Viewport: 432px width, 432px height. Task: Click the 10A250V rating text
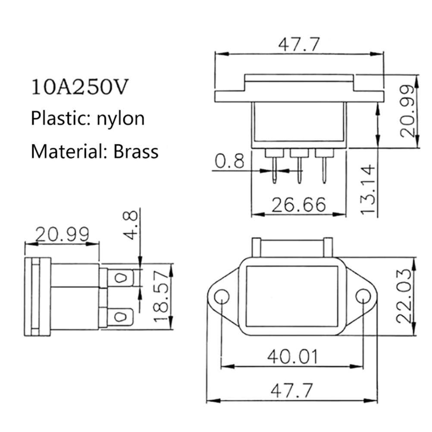click(80, 87)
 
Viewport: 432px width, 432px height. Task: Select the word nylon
click(120, 119)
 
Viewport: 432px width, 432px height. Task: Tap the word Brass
click(136, 151)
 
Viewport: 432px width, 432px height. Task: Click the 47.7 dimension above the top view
click(299, 44)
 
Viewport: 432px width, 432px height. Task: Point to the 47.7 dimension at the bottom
click(292, 391)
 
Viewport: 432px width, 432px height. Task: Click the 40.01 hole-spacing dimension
click(293, 356)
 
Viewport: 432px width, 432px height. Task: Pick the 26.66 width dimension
click(299, 205)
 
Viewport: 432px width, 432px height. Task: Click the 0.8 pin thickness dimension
click(229, 161)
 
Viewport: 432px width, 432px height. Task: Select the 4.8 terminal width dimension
click(130, 225)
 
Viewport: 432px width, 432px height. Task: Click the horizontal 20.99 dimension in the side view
click(62, 234)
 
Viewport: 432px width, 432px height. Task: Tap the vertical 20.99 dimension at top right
click(407, 111)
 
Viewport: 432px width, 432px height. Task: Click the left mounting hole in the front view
click(222, 297)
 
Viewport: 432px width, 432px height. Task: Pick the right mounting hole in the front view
click(363, 297)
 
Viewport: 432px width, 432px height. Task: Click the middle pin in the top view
click(300, 170)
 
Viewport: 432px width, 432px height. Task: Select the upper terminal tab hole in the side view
click(120, 278)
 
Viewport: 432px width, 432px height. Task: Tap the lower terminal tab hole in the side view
click(120, 316)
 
